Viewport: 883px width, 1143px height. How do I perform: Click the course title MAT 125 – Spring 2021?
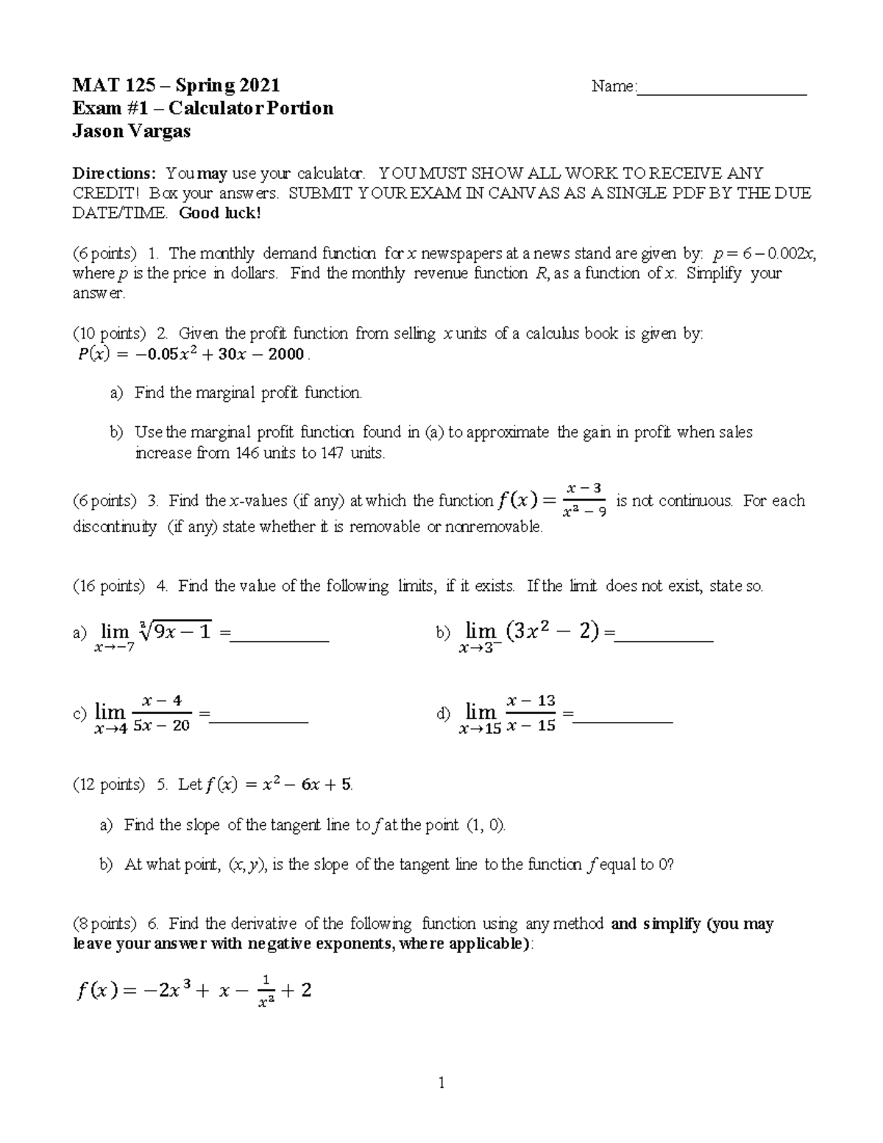175,86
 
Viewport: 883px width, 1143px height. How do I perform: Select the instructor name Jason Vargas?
131,131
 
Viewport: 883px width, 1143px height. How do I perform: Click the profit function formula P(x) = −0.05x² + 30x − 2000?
191,355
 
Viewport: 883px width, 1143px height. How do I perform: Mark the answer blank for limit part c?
258,719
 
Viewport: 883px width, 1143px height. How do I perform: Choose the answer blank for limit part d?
623,719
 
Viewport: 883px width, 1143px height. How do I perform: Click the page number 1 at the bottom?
441,1083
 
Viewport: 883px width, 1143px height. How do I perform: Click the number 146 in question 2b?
247,453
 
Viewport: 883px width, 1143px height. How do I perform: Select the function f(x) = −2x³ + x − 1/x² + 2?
194,991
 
